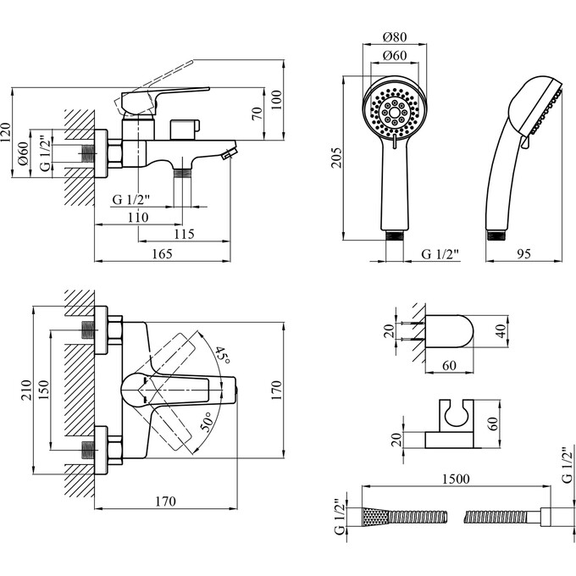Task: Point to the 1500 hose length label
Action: click(x=457, y=478)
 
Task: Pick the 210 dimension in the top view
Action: click(x=25, y=389)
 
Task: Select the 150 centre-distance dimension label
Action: click(x=43, y=389)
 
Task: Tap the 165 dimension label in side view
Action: click(x=161, y=252)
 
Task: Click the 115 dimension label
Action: click(x=182, y=233)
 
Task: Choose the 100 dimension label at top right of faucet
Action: click(x=275, y=101)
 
